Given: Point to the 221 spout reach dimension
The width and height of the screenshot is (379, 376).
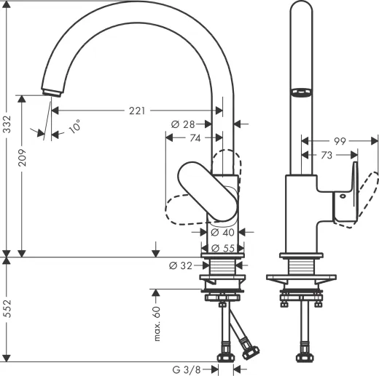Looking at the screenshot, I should (136, 111).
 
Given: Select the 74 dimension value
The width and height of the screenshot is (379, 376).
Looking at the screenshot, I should (196, 137).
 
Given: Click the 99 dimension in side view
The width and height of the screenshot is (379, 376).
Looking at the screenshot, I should (339, 141).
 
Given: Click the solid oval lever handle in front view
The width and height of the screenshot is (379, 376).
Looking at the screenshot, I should (208, 191).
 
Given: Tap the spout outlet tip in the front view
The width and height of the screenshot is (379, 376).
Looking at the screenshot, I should (51, 91).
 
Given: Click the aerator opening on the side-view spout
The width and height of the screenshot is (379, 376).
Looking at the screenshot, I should (300, 92).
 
